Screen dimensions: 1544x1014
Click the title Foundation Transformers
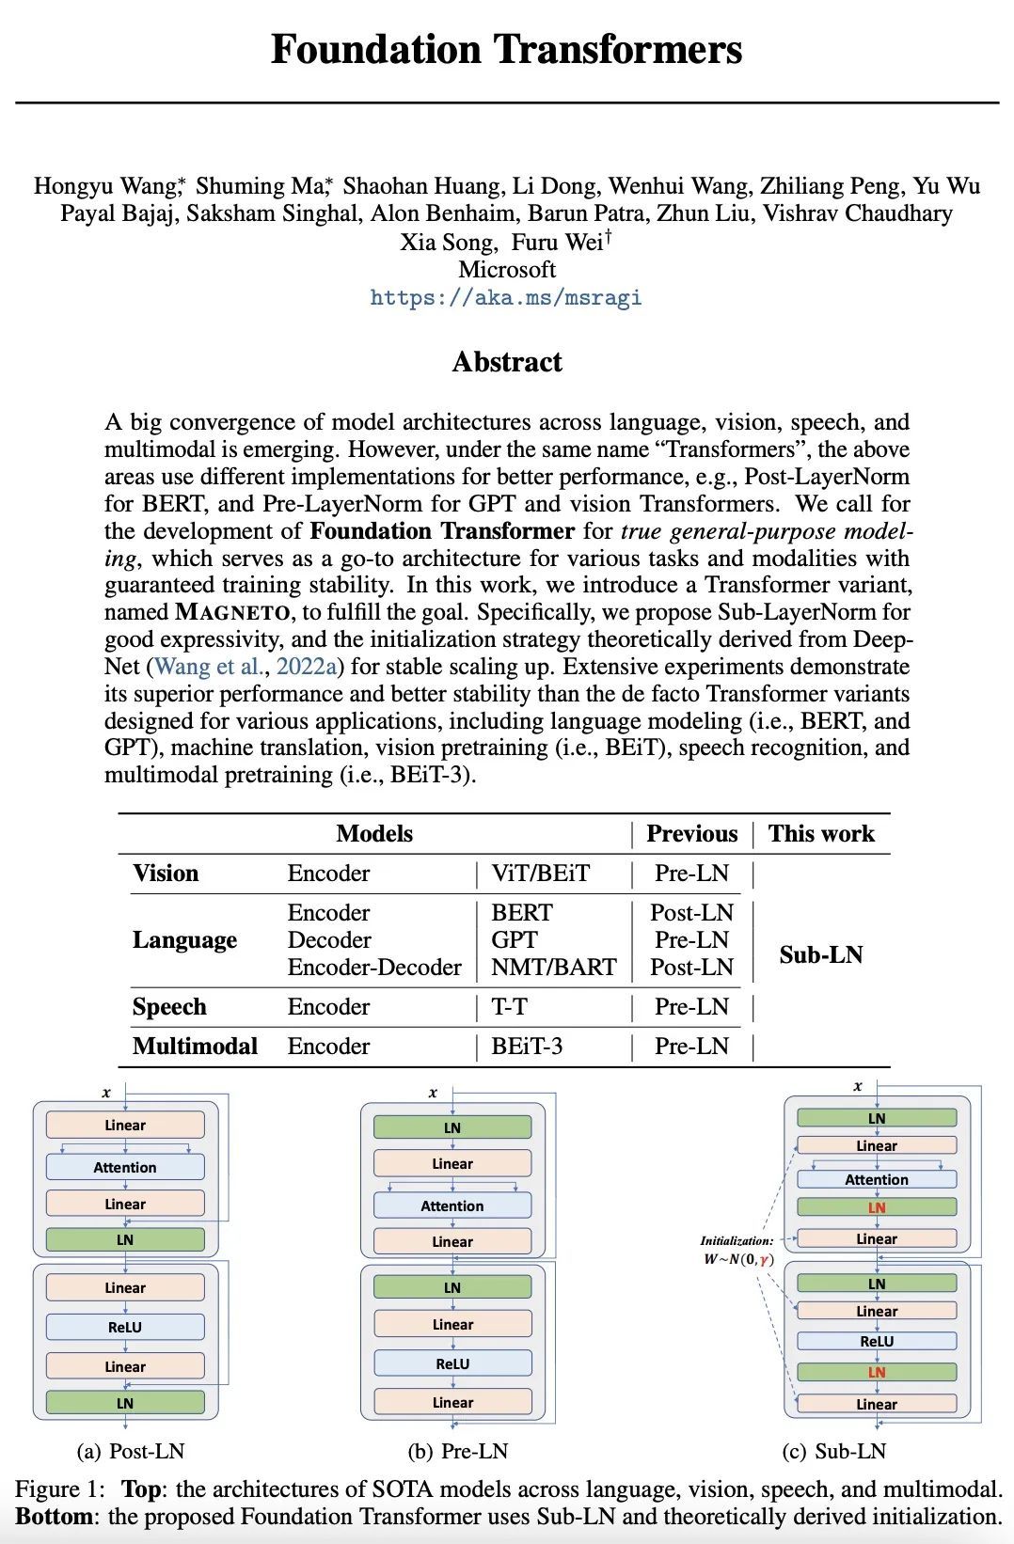(x=506, y=49)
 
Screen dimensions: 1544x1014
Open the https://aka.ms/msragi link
(x=506, y=298)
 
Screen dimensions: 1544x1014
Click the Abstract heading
(x=506, y=362)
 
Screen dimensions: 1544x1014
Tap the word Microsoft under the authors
(x=506, y=270)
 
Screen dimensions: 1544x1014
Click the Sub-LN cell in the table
(x=820, y=955)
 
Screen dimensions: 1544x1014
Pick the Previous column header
(x=691, y=834)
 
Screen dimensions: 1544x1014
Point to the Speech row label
(x=169, y=1007)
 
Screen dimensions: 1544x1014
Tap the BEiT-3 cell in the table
(x=527, y=1047)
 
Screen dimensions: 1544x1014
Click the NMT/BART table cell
(x=553, y=968)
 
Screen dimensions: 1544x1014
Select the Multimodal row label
(x=195, y=1047)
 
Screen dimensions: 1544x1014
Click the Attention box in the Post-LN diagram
(x=125, y=1168)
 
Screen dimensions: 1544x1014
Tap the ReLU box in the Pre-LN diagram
(x=452, y=1363)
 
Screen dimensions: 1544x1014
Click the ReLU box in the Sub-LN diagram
(x=877, y=1342)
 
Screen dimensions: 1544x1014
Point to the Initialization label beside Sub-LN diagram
(x=737, y=1241)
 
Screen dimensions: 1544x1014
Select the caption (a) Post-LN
(x=130, y=1452)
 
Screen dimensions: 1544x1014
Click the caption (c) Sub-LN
(x=833, y=1452)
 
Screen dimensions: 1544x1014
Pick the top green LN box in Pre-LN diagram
(x=452, y=1127)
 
